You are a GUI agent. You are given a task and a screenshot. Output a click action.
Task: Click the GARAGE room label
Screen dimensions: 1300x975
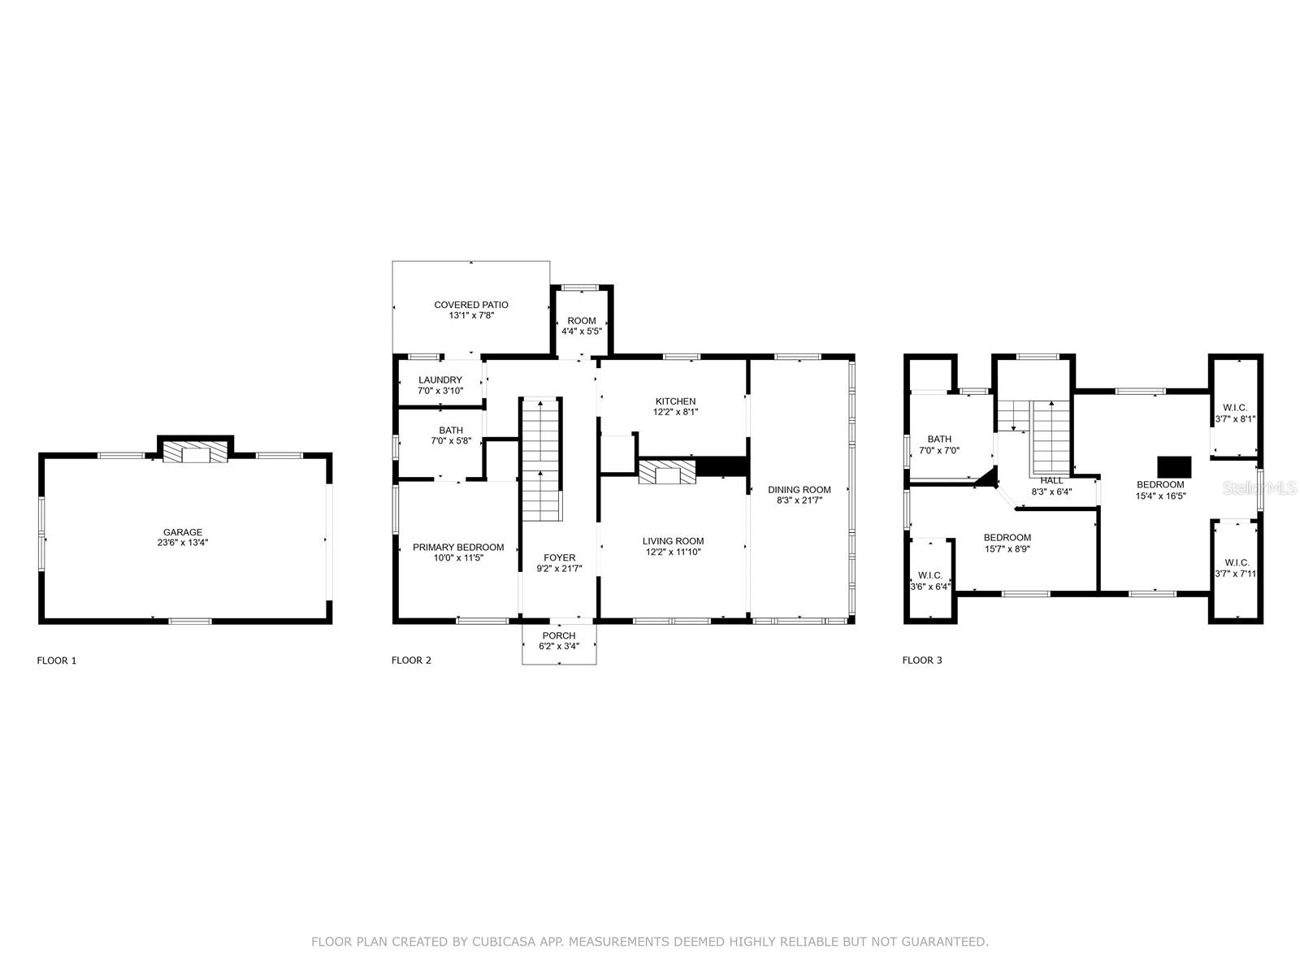tap(183, 531)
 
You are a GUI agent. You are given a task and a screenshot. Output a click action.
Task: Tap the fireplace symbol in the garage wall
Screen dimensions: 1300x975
tap(195, 451)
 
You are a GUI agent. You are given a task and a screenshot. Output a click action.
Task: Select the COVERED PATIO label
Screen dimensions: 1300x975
tap(470, 304)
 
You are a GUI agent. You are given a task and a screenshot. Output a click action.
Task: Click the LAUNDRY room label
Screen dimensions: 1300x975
tap(440, 379)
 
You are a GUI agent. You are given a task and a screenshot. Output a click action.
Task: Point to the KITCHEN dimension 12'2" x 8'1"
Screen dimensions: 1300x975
tap(675, 411)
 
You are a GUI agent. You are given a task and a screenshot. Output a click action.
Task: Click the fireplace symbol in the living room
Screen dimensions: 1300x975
tap(666, 472)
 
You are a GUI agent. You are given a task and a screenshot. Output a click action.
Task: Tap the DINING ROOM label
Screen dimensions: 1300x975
tap(799, 489)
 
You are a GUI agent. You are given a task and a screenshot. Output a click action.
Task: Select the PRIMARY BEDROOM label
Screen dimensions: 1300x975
tap(457, 547)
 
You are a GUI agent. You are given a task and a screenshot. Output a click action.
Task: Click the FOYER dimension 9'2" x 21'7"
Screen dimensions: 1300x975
tap(559, 568)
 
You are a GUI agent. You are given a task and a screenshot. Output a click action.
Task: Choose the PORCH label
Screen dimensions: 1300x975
tap(558, 635)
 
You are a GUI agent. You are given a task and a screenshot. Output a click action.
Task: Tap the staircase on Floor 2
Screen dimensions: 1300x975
tap(541, 459)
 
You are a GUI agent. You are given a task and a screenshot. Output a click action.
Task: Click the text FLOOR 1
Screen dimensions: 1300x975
tap(57, 660)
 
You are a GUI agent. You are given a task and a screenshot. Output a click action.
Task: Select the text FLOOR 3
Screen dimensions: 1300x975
tap(921, 660)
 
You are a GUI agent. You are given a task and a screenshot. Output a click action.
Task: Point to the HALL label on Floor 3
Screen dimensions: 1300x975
tap(1051, 481)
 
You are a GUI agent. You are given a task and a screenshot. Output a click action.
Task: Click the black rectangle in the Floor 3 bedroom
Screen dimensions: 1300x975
tap(1174, 467)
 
